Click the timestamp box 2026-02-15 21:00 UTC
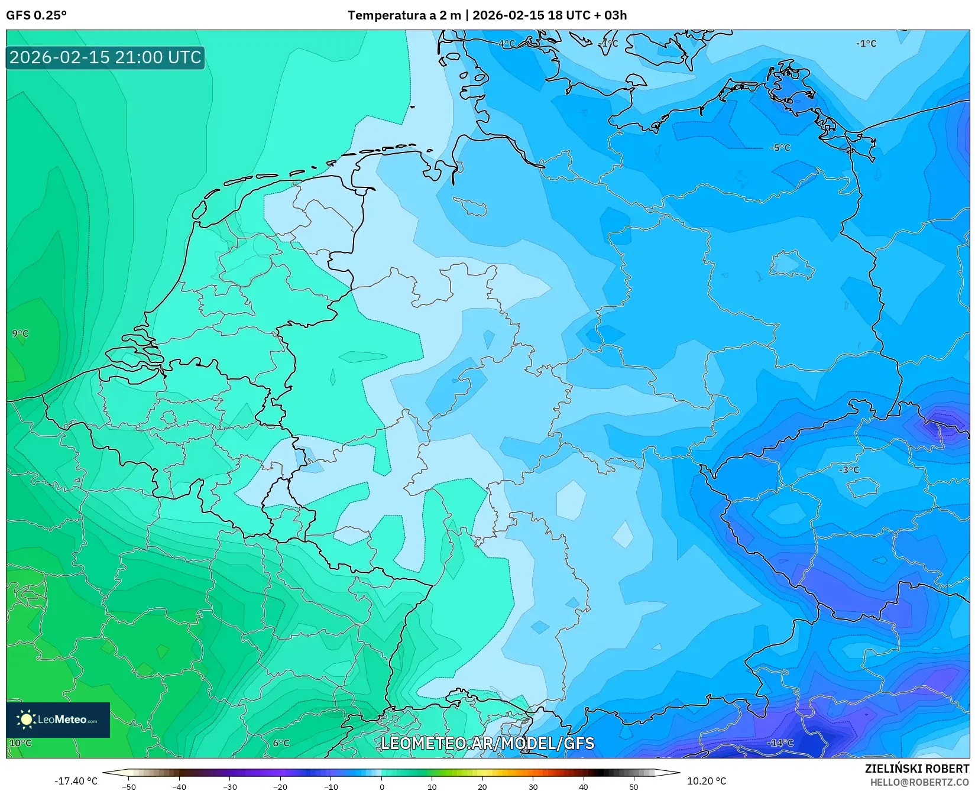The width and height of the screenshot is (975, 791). (x=105, y=57)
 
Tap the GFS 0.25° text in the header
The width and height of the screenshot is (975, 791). (x=36, y=15)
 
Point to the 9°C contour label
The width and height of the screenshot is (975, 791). (x=20, y=333)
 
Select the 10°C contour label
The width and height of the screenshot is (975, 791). (x=20, y=743)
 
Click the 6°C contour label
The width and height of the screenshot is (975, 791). (x=281, y=743)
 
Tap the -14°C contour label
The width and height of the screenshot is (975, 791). (x=780, y=743)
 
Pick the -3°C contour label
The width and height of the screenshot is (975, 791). (x=849, y=470)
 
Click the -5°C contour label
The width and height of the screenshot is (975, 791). (x=780, y=148)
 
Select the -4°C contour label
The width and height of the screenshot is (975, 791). (x=505, y=44)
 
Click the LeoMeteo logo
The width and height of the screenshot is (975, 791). (x=58, y=719)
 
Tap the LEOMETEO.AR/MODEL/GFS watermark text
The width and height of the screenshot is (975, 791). (x=487, y=743)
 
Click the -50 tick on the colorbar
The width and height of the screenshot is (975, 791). (x=128, y=787)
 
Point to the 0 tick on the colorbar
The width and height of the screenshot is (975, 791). (x=381, y=787)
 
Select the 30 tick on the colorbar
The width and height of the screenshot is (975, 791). (x=533, y=787)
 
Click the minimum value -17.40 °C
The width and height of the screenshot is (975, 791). (x=76, y=781)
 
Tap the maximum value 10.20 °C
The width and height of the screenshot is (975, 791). (x=706, y=781)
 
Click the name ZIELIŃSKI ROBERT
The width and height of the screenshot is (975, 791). (x=917, y=769)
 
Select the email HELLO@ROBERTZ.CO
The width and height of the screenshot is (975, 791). (x=919, y=782)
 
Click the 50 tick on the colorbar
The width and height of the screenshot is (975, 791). (x=634, y=787)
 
